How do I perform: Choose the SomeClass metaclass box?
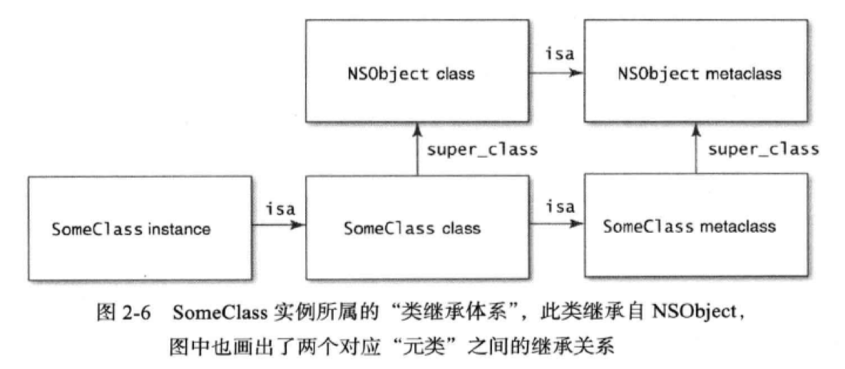pos(695,227)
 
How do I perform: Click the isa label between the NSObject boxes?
pos(559,54)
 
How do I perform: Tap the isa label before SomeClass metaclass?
pos(559,207)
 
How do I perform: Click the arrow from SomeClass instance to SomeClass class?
pos(278,227)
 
